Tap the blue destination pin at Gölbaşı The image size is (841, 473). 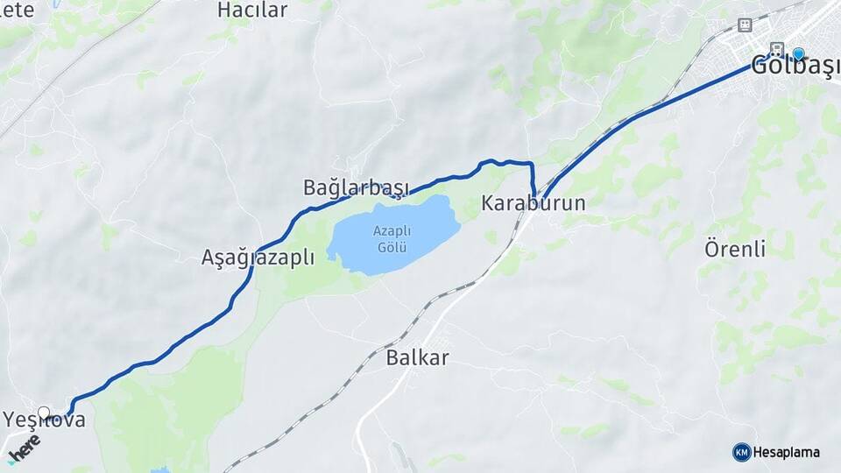tap(798, 53)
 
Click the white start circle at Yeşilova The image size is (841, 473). tap(44, 412)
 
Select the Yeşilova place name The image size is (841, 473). tap(46, 420)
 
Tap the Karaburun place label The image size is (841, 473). tap(533, 203)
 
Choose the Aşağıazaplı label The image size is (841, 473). tap(258, 258)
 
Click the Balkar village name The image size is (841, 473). tap(417, 357)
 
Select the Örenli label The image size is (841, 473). tap(735, 249)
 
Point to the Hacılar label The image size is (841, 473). tap(252, 11)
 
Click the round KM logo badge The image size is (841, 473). tap(741, 452)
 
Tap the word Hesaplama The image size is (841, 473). tap(787, 452)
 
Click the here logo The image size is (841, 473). tap(24, 448)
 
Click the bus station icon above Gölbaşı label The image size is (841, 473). tap(776, 47)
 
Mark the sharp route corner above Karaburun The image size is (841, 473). tap(533, 164)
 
